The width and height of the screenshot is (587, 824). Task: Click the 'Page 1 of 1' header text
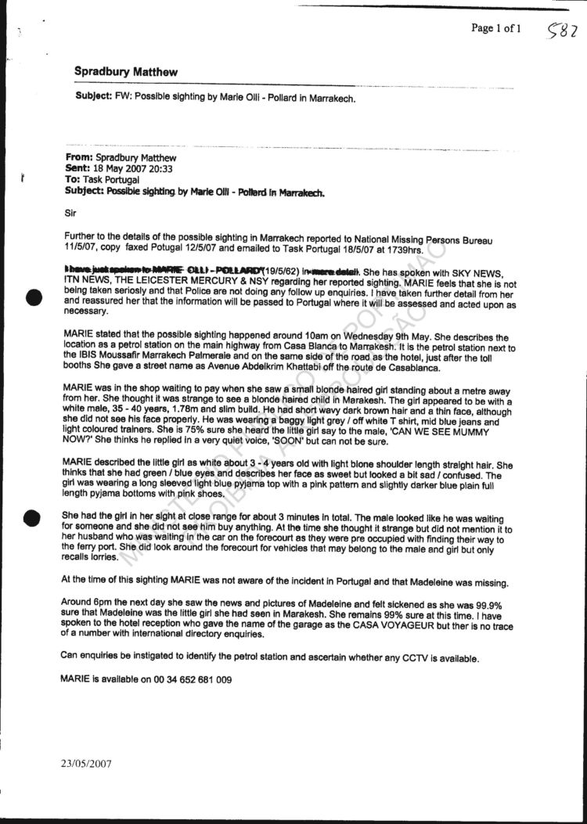[x=495, y=29]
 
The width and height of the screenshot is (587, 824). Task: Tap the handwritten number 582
[x=563, y=32]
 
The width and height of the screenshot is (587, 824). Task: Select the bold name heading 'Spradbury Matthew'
[x=125, y=72]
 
